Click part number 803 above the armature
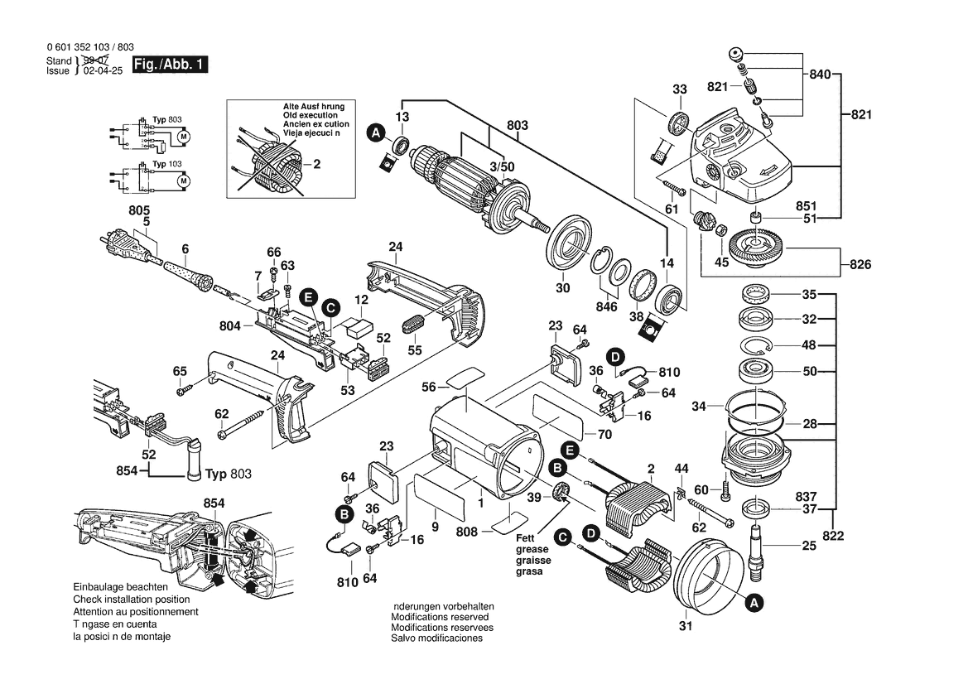click(518, 126)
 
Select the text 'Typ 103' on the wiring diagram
click(168, 166)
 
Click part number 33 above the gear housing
click(680, 89)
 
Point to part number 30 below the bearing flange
click(562, 287)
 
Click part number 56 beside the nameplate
click(428, 386)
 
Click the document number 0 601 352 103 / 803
click(91, 48)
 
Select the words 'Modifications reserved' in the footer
click(439, 617)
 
